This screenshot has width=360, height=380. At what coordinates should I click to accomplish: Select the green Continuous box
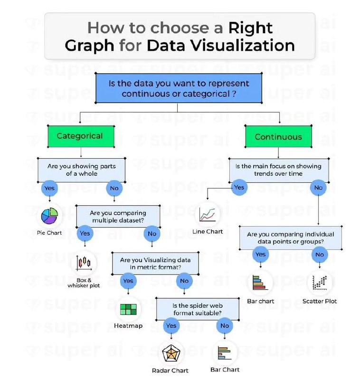point(278,136)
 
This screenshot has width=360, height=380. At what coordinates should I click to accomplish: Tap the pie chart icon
point(49,216)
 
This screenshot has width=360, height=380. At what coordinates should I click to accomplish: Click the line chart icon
point(208,215)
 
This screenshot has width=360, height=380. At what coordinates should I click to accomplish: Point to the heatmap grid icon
point(128,309)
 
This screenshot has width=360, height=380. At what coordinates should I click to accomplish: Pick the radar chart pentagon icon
point(171,353)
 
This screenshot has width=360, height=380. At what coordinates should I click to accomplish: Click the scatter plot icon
point(320,283)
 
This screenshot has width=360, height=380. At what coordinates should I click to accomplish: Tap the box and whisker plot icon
point(84,263)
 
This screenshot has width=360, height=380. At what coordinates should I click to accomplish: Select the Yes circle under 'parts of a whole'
point(49,188)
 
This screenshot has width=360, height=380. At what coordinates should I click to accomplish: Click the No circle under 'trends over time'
point(318,188)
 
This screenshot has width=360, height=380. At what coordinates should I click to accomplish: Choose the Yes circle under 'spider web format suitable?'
point(171,325)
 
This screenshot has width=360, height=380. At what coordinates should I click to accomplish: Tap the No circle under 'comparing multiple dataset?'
point(152,234)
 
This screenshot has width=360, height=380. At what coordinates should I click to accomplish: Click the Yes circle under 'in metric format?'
point(128,281)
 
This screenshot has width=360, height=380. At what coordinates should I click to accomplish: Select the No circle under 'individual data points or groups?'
point(320,255)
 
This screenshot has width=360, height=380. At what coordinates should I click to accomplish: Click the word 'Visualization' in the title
point(242,46)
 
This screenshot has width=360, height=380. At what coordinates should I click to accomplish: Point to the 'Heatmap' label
point(128,326)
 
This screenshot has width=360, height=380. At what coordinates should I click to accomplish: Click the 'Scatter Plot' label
point(320,301)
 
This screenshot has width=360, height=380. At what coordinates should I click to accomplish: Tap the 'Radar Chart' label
point(170,370)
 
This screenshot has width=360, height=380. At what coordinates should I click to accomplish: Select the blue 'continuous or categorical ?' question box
point(179,88)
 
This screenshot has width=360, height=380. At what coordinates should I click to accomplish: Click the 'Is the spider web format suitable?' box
point(198,309)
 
